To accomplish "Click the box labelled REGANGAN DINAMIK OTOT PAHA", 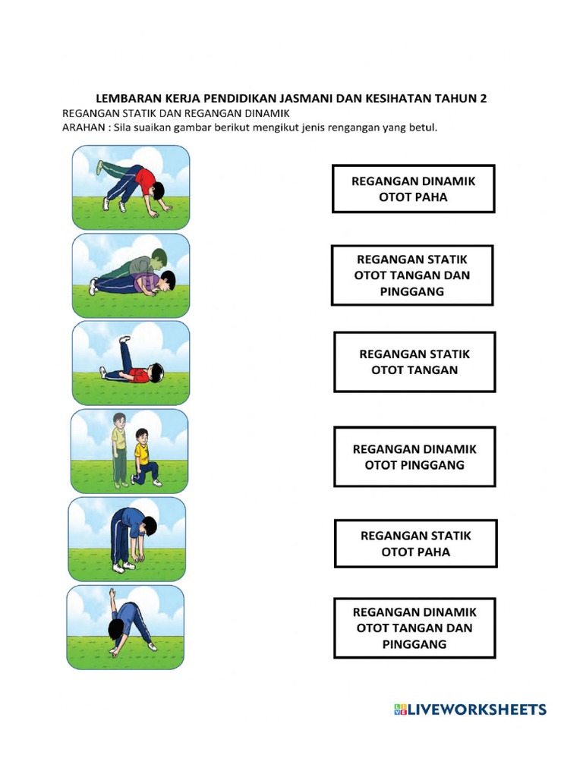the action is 413,189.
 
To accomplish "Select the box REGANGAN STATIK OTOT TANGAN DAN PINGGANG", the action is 412,275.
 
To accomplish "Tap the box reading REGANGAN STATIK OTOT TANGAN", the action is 414,362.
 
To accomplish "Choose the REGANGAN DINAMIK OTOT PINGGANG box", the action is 414,457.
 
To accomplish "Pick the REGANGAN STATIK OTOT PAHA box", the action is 415,543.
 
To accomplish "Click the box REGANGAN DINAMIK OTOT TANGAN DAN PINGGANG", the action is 414,628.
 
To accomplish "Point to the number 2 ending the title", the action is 483,98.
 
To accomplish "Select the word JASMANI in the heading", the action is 307,98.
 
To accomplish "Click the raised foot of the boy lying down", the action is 124,339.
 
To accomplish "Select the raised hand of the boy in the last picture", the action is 112,593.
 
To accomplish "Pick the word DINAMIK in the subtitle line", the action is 267,114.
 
